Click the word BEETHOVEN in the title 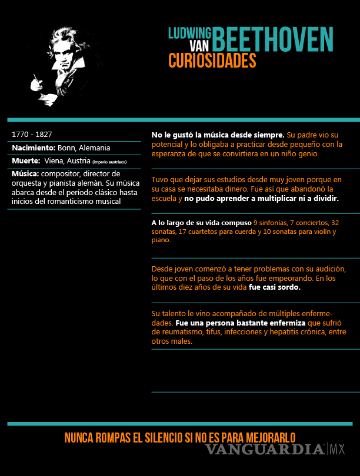tap(272, 39)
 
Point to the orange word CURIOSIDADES tap(212, 61)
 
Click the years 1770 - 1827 tap(32, 135)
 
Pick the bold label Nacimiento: tap(34, 148)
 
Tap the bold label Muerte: tap(26, 161)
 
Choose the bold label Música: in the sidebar tap(25, 174)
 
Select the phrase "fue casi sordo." tap(274, 287)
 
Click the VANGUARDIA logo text tap(265, 450)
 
